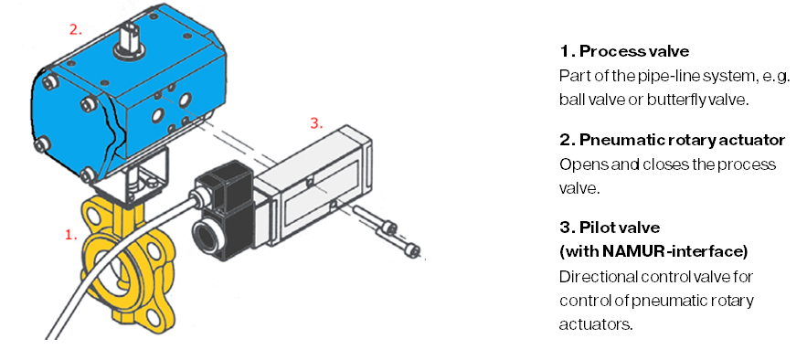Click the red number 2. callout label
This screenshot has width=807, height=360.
[x=76, y=30]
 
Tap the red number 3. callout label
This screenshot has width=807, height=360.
[x=316, y=124]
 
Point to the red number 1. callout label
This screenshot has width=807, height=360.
[x=70, y=235]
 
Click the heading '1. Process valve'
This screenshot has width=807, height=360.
[x=624, y=51]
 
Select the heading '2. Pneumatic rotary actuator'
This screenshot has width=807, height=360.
[x=673, y=140]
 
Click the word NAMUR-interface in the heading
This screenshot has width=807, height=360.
[x=672, y=252]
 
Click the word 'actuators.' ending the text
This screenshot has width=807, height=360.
[x=595, y=324]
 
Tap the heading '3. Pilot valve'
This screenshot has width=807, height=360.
[x=610, y=228]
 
